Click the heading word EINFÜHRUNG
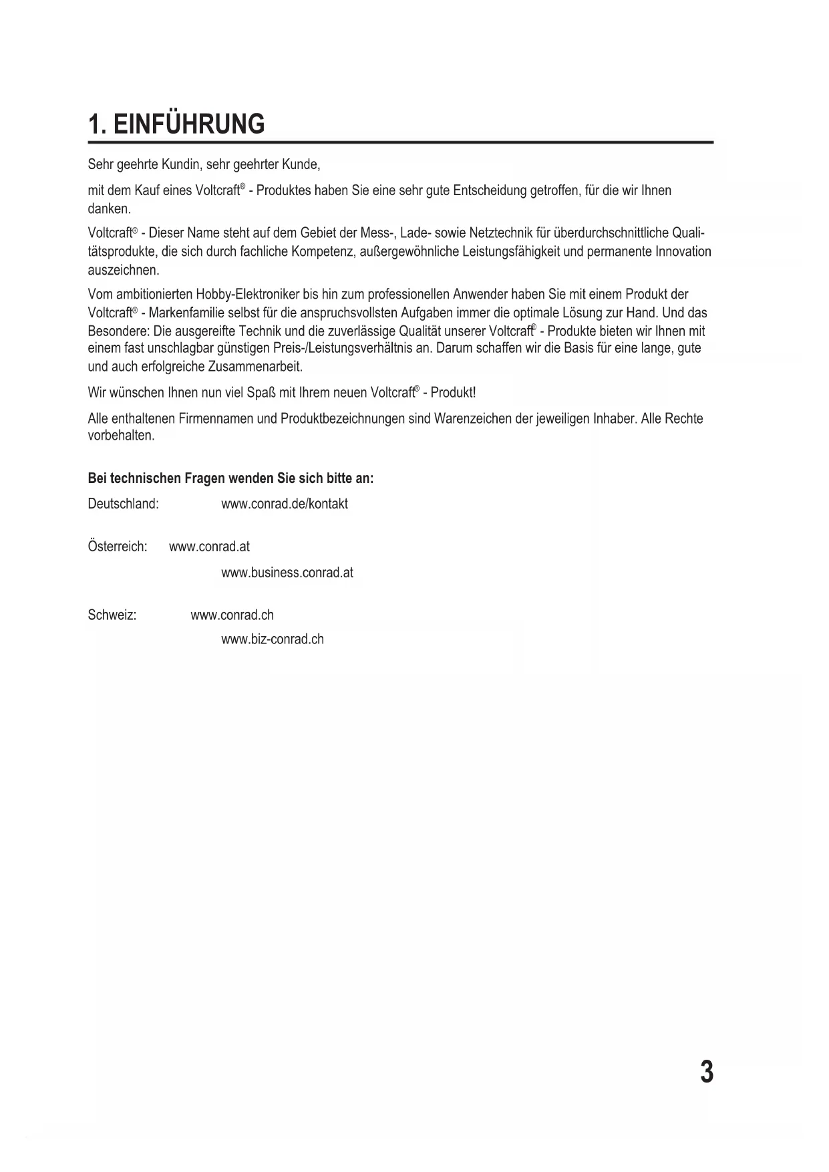click(189, 125)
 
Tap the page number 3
click(706, 1072)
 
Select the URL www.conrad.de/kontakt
click(284, 504)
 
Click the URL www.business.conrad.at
click(287, 573)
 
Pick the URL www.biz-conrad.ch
click(272, 639)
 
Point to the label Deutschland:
click(123, 504)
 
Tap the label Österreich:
click(117, 547)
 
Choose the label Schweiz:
click(112, 615)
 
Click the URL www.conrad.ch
click(232, 615)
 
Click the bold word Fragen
click(204, 478)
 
